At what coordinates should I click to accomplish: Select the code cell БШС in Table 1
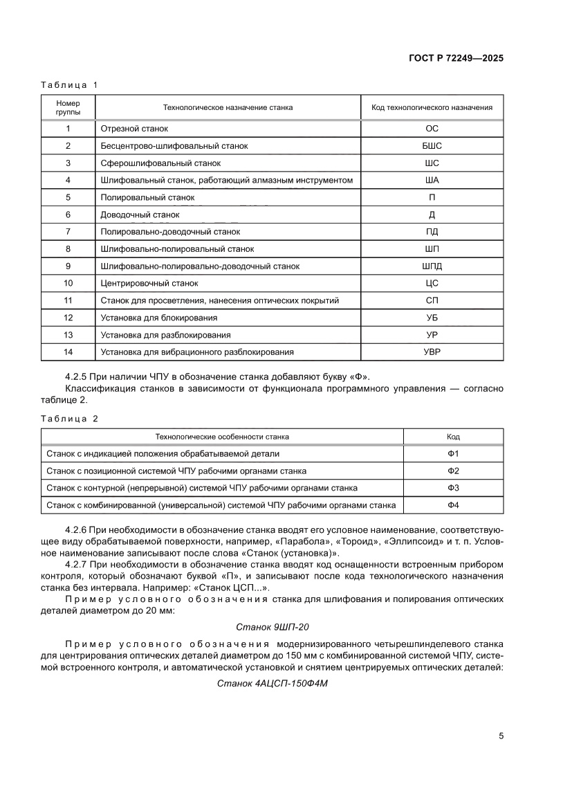432,146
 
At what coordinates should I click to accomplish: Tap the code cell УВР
432,352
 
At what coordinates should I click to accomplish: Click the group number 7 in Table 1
68,232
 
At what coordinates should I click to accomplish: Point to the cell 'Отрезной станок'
134,129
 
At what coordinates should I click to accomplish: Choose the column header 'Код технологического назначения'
432,107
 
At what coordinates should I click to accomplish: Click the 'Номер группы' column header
68,107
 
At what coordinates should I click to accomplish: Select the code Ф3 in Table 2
453,488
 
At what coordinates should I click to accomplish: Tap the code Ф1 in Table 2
453,454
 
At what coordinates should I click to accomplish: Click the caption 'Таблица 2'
70,419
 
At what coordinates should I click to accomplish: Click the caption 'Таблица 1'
70,84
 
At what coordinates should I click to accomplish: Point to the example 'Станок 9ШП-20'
272,627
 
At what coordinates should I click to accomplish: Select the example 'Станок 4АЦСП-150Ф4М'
272,683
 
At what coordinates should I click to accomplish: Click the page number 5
501,736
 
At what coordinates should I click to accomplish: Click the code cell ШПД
432,266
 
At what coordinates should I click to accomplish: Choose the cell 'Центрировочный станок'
149,284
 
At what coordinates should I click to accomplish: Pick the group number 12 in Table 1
68,318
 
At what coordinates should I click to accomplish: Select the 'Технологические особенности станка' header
222,437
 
